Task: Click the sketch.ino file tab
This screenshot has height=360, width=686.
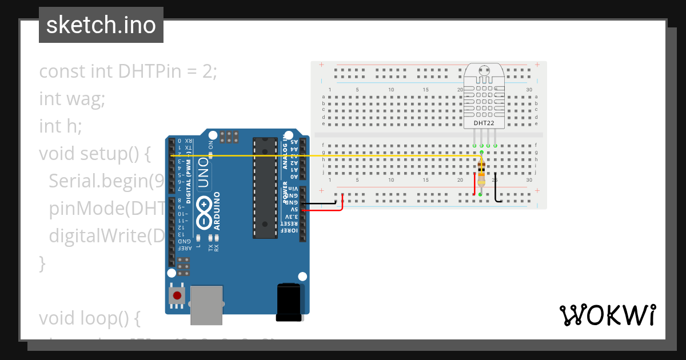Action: coord(101,25)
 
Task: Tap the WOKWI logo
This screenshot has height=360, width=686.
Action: coord(607,315)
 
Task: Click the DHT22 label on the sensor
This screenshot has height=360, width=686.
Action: coord(484,123)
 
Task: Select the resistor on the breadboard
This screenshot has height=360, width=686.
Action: coord(481,173)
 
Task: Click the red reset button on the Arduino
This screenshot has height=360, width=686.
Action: coord(177,295)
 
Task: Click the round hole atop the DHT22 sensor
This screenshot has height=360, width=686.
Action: coord(484,71)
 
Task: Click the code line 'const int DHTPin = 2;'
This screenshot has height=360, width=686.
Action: coord(128,72)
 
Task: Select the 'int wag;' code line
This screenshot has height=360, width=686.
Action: coord(72,99)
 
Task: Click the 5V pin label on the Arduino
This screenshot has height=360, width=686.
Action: coord(292,210)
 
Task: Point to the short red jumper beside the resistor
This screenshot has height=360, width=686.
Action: coord(474,183)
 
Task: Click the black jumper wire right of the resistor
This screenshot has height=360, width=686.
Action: coord(496,187)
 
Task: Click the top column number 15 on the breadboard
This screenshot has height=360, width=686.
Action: coord(425,90)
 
